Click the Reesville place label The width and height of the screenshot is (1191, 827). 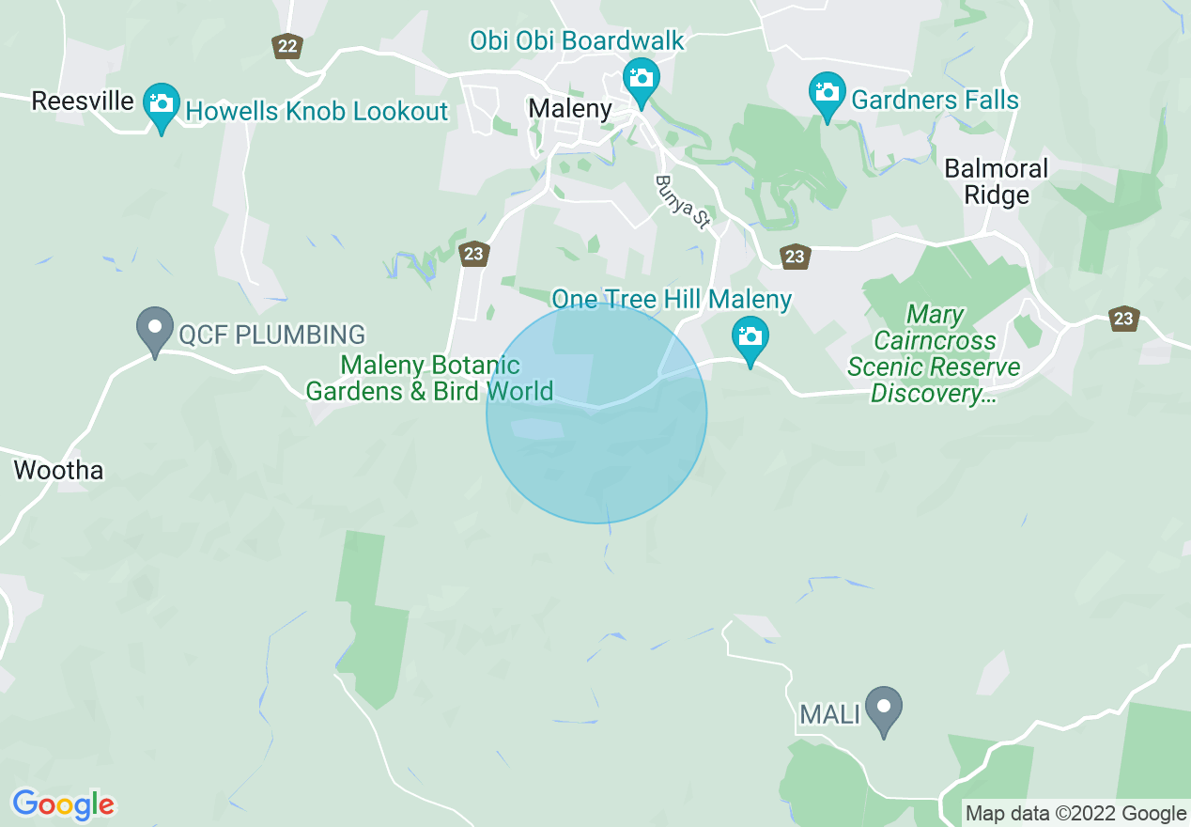click(x=83, y=101)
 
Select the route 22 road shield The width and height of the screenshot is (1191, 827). click(x=287, y=45)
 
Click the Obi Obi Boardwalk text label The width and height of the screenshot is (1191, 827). click(x=577, y=41)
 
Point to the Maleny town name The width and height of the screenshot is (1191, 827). click(x=570, y=108)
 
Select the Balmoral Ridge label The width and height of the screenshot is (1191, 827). click(x=996, y=182)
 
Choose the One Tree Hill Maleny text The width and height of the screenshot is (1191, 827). click(x=672, y=300)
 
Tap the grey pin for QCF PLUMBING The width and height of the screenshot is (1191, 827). click(x=155, y=330)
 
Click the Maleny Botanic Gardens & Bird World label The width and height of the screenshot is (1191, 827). click(x=429, y=378)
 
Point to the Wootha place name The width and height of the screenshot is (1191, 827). click(x=58, y=470)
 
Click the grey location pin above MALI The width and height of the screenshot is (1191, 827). click(x=883, y=710)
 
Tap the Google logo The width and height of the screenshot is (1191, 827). click(x=63, y=804)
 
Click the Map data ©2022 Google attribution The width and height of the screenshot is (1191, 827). click(x=1076, y=813)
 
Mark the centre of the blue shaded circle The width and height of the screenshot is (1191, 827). click(x=596, y=413)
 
